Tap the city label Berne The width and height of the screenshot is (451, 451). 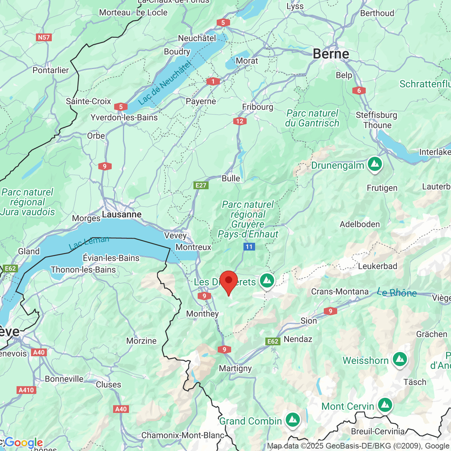pyautogui.click(x=331, y=54)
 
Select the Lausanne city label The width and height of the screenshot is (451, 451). pyautogui.click(x=122, y=214)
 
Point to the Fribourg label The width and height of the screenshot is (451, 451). pyautogui.click(x=258, y=107)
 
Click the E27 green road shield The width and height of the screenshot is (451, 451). pyautogui.click(x=201, y=185)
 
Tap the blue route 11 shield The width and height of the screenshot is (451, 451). pyautogui.click(x=249, y=247)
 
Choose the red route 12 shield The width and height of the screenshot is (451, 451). pyautogui.click(x=240, y=121)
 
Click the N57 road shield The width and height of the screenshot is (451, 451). pyautogui.click(x=44, y=37)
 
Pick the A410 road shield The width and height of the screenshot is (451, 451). pyautogui.click(x=26, y=390)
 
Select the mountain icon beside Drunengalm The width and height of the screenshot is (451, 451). pyautogui.click(x=375, y=164)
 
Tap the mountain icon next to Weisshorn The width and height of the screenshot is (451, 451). pyautogui.click(x=400, y=359)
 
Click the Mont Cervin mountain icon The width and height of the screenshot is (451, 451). pyautogui.click(x=385, y=405)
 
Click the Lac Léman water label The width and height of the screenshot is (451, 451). pyautogui.click(x=89, y=243)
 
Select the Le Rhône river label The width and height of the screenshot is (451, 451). pyautogui.click(x=397, y=292)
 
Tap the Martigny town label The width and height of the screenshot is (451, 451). pyautogui.click(x=235, y=368)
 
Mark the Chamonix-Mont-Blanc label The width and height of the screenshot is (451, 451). pyautogui.click(x=183, y=435)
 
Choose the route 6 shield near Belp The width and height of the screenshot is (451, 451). pyautogui.click(x=359, y=91)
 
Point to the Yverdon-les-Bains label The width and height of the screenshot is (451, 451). pyautogui.click(x=124, y=117)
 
